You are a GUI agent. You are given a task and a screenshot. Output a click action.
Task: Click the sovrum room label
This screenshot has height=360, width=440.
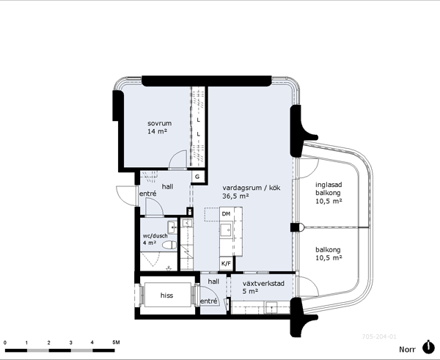point(159,123)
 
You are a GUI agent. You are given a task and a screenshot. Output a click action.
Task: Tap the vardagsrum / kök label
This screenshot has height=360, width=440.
point(251,188)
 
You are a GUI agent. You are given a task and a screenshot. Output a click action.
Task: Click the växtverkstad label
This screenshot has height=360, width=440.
point(263,284)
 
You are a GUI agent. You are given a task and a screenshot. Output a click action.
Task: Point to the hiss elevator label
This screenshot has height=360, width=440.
point(166,295)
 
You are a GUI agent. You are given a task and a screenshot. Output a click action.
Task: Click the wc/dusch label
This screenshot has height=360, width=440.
point(155,235)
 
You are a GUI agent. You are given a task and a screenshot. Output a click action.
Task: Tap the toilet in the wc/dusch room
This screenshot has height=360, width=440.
point(169,245)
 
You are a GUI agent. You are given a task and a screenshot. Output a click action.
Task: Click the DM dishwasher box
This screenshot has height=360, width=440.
point(226,214)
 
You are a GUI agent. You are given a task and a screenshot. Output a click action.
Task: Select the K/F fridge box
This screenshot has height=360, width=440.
point(226,263)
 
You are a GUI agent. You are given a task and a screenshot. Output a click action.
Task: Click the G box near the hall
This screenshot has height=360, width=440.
point(197,177)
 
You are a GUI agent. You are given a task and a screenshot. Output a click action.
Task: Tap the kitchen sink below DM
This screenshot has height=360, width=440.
point(226,229)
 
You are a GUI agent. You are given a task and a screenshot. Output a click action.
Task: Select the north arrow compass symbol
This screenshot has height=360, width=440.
point(428,348)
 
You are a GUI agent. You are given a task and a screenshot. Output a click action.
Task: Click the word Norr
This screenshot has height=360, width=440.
point(407,349)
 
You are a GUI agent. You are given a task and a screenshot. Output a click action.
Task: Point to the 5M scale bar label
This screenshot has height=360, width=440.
point(116,342)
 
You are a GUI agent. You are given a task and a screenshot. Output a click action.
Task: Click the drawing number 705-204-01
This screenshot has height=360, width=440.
point(379,337)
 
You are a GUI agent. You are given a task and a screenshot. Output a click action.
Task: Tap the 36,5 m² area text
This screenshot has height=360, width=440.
point(235,196)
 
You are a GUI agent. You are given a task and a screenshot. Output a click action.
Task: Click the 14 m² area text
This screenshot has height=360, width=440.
point(158,131)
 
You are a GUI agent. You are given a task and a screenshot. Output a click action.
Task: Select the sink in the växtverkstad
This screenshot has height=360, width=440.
point(271,307)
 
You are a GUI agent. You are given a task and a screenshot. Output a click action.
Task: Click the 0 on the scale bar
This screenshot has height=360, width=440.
point(5,342)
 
